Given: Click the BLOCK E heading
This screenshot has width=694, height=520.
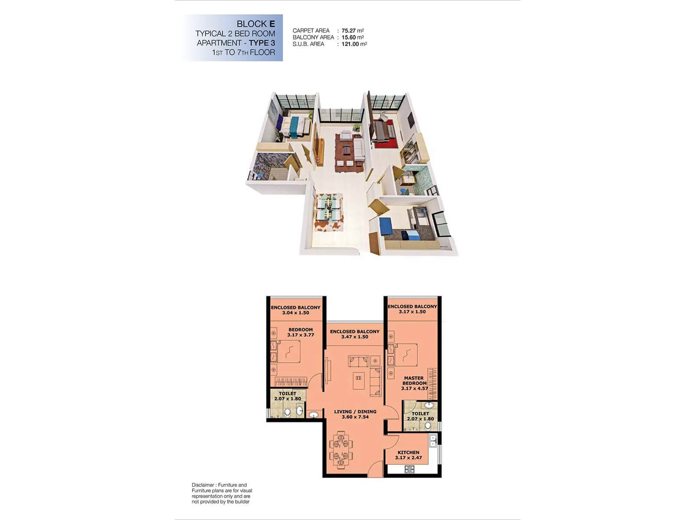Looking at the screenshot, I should [255, 24].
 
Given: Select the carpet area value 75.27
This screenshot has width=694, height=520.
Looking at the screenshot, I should [348, 31].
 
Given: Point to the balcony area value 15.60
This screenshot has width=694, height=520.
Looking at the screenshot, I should [348, 37].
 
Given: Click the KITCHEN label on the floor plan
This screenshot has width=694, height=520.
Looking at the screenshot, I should [408, 452].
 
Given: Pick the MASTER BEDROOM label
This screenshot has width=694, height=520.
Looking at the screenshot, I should [414, 380].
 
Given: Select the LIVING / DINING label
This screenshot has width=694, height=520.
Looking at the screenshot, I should [355, 412].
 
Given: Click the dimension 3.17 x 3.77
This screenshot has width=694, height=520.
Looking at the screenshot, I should [300, 335].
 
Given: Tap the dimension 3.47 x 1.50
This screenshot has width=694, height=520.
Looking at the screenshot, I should [354, 337].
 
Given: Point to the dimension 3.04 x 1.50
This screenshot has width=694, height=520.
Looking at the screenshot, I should [295, 313].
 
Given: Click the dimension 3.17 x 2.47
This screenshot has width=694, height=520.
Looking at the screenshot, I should [408, 458].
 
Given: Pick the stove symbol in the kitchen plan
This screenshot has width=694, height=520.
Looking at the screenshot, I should [409, 469].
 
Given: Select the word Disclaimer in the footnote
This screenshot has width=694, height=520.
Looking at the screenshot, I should [203, 485].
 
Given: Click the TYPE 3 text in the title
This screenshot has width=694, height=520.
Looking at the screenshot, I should [262, 43].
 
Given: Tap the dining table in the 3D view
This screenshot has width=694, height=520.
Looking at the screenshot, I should [329, 209].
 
